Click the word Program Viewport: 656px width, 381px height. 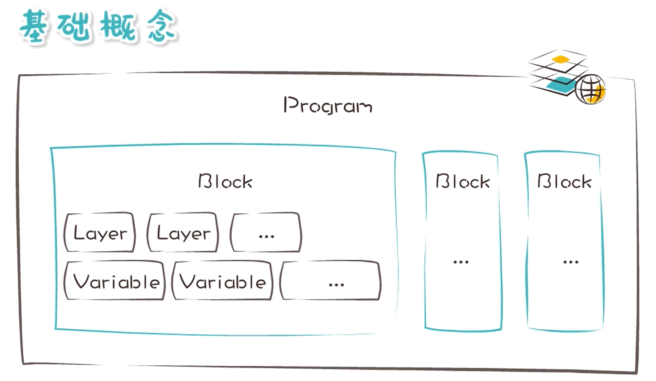[328, 106]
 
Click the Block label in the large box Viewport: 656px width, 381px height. [225, 181]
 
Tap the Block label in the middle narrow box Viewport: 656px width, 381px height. [463, 181]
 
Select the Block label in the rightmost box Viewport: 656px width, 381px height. [565, 181]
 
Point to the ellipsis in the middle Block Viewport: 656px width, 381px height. [461, 262]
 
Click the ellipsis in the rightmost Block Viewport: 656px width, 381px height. [571, 262]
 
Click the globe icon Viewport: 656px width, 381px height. [590, 89]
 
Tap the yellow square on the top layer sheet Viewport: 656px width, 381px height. [561, 59]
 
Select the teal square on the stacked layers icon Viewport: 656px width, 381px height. [562, 84]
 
